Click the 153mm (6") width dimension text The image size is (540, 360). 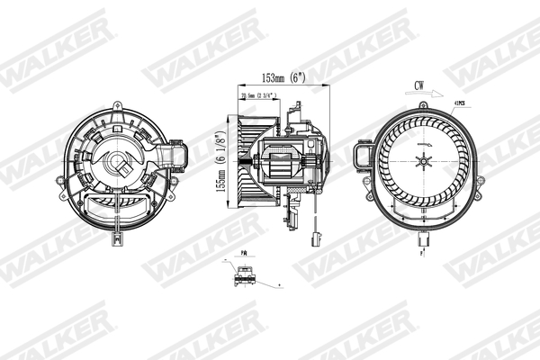click(281, 78)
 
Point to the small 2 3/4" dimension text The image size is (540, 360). click(259, 95)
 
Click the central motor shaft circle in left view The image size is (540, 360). click(118, 166)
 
